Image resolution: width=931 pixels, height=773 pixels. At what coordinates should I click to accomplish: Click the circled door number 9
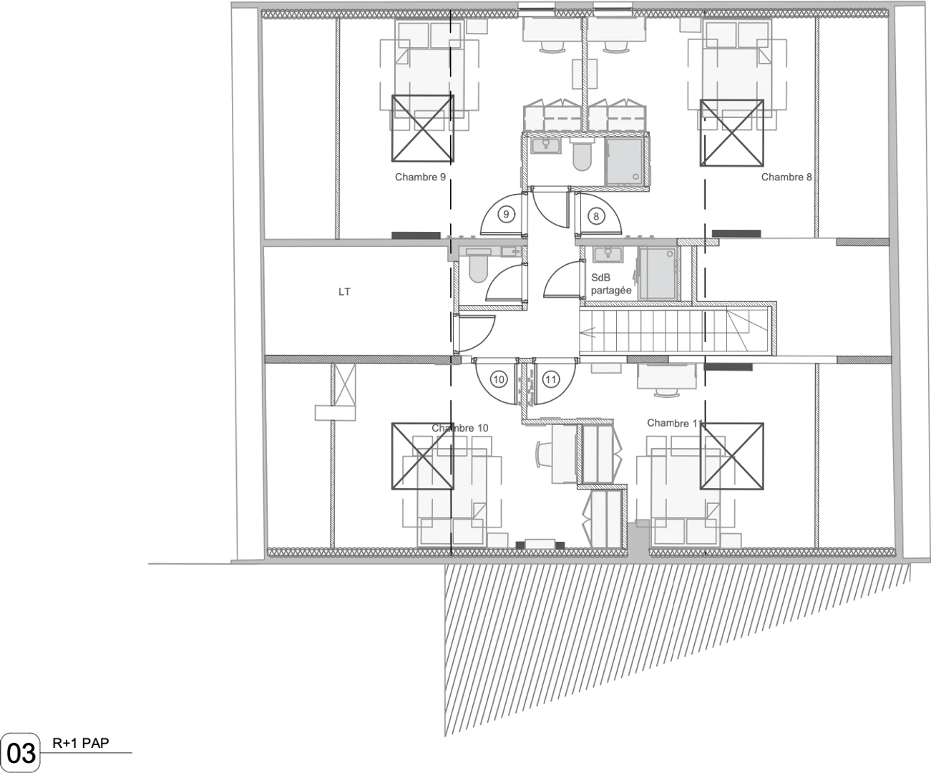(506, 215)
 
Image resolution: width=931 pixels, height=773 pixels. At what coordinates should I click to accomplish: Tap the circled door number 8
(596, 217)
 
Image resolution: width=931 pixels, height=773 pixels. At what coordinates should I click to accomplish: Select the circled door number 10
(499, 379)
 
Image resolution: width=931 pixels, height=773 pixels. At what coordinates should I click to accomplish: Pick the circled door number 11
(551, 379)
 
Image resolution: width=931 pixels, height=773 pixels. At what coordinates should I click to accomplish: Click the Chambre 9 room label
(420, 177)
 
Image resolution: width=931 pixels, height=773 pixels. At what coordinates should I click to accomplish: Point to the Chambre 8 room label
(786, 177)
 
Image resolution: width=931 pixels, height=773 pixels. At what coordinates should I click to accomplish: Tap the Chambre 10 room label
(459, 428)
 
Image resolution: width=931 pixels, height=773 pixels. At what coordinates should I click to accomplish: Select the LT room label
(344, 292)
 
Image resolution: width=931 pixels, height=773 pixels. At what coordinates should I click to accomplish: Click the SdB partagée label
(611, 284)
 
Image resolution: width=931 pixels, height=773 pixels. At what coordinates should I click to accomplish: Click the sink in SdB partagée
(608, 254)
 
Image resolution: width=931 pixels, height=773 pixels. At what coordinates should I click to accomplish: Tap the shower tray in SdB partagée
(657, 273)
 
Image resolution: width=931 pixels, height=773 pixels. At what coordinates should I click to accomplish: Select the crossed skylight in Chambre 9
(423, 128)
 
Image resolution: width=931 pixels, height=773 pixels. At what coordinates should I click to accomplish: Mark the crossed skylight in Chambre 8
(731, 133)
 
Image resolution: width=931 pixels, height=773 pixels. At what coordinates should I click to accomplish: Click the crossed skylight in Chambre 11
(731, 457)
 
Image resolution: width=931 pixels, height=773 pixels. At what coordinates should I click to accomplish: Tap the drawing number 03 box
(21, 752)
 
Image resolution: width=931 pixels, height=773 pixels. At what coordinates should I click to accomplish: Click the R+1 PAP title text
(81, 743)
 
